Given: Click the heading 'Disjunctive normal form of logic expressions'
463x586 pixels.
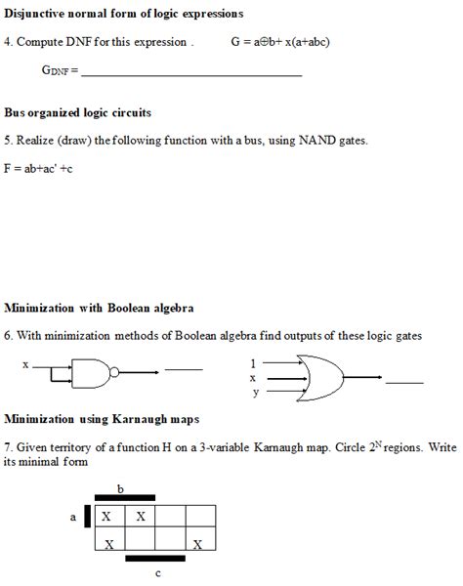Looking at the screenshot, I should click(x=123, y=14).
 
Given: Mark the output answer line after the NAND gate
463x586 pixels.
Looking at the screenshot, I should click(x=184, y=370).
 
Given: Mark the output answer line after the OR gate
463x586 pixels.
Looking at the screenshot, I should click(x=404, y=382).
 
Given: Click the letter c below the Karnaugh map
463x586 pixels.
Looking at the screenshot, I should click(x=157, y=574).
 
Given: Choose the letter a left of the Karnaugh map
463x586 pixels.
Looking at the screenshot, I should click(x=72, y=517).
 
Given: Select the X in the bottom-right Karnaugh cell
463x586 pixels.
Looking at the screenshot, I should click(x=199, y=542).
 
